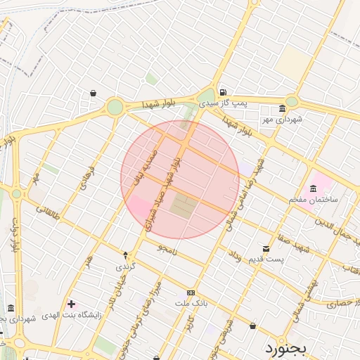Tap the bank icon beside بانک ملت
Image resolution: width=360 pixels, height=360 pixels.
[x=191, y=292]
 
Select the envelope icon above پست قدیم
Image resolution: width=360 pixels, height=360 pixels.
[x=266, y=249]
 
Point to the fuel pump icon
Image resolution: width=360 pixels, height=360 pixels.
[x=223, y=92]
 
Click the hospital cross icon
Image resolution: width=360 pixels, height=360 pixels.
[x=71, y=304]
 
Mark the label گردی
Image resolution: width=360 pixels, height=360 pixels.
[x=124, y=267]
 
